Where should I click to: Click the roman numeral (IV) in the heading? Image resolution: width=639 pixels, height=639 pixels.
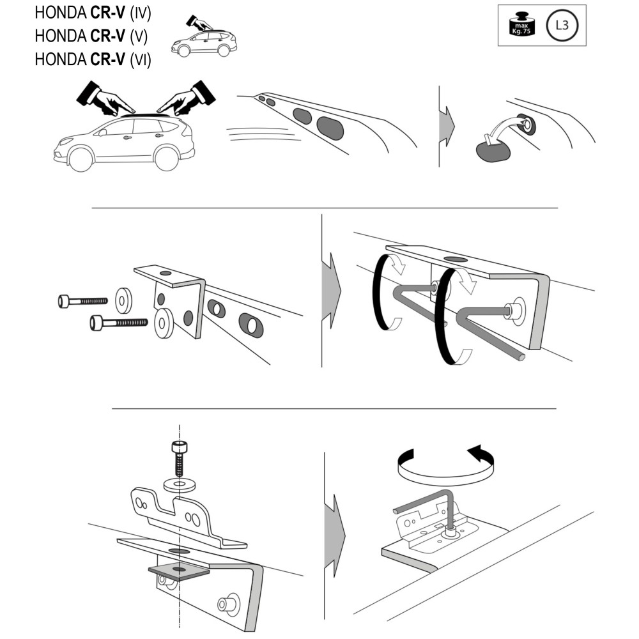(141, 13)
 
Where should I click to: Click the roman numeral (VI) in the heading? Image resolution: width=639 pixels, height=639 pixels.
(141, 60)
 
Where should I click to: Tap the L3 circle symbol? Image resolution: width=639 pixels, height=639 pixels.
(562, 26)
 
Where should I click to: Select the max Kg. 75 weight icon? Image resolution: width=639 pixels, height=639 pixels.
(521, 24)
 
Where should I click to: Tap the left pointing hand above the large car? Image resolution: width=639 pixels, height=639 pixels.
(105, 98)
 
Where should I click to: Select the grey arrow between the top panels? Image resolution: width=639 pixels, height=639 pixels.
(447, 126)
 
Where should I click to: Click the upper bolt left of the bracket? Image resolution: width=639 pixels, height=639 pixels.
(82, 301)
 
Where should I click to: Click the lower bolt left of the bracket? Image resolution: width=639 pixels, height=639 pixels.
(119, 323)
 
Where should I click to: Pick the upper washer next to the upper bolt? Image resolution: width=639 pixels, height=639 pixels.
(123, 301)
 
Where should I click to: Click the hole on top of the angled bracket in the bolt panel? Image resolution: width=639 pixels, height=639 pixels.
(166, 273)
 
